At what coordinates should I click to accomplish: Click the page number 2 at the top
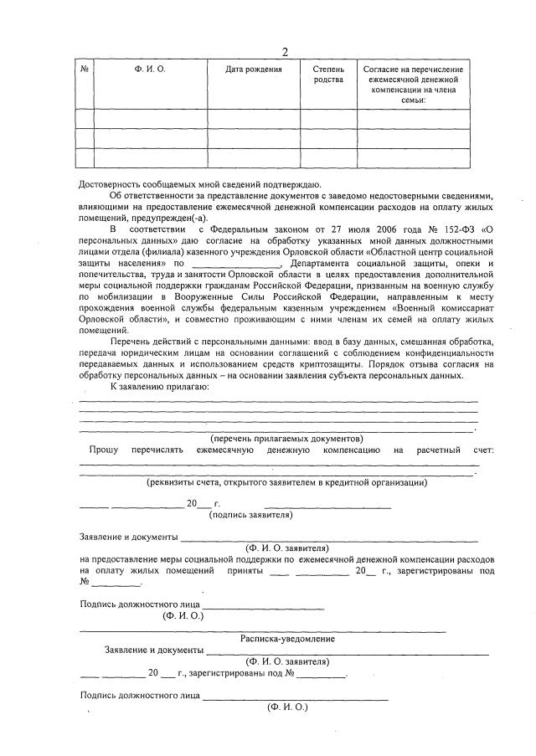tap(285, 52)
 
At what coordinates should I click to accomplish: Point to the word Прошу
tap(104, 450)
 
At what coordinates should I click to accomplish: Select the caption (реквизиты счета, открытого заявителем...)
tap(286, 482)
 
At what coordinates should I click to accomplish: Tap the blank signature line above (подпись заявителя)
tap(327, 506)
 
